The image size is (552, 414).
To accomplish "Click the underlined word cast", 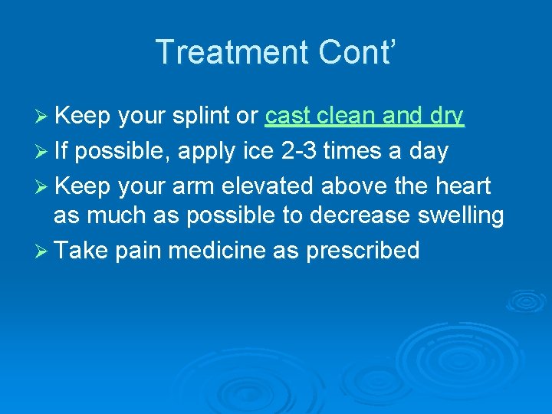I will pyautogui.click(x=287, y=117).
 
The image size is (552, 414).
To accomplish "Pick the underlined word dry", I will pyautogui.click(x=446, y=117).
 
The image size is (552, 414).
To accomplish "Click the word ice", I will pyautogui.click(x=257, y=151).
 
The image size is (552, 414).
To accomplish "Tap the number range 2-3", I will pyautogui.click(x=297, y=151).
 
